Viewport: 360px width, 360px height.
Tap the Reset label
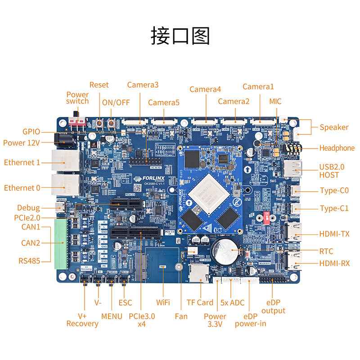click(x=99, y=85)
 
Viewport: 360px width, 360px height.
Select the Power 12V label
click(x=22, y=143)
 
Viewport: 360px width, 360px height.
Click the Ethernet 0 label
click(x=22, y=188)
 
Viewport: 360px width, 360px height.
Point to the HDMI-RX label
click(x=334, y=263)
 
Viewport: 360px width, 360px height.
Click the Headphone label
click(x=337, y=148)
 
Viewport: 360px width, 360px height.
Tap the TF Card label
click(x=200, y=302)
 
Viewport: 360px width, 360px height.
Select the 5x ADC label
click(x=233, y=302)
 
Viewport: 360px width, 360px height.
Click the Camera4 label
click(x=205, y=89)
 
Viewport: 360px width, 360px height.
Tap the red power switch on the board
click(x=77, y=122)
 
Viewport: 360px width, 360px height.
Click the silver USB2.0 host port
click(x=292, y=169)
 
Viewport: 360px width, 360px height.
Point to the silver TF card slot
click(x=197, y=273)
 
